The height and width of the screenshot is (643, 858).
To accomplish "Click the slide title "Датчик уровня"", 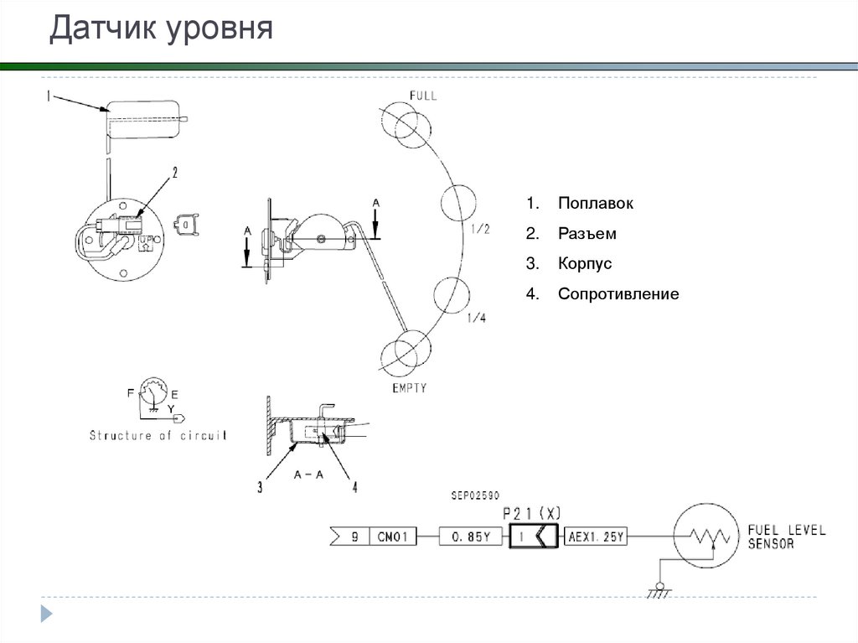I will pos(161,29).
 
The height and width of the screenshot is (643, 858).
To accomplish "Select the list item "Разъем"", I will pos(587,234).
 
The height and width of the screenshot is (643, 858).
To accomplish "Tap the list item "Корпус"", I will pos(585,264).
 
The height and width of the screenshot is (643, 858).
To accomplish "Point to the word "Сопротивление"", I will pos(618,295).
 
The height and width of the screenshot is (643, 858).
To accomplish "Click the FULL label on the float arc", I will pos(422,96).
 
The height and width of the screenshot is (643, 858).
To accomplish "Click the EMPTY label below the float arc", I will pos(409,388).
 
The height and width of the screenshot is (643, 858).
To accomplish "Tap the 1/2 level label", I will pos(481,229).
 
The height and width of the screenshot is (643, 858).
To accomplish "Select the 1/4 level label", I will pos(476,318).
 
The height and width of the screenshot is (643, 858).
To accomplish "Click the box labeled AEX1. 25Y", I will pos(596,537).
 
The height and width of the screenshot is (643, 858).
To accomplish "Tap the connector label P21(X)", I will pos(531,512).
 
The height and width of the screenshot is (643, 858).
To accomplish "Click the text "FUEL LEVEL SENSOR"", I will pos(785,537).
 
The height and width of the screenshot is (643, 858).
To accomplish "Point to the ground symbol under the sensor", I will pos(659,591).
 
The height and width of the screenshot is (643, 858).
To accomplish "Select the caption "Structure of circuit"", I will pos(158,436).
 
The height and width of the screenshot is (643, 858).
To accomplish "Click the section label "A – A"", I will pos(308,474).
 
